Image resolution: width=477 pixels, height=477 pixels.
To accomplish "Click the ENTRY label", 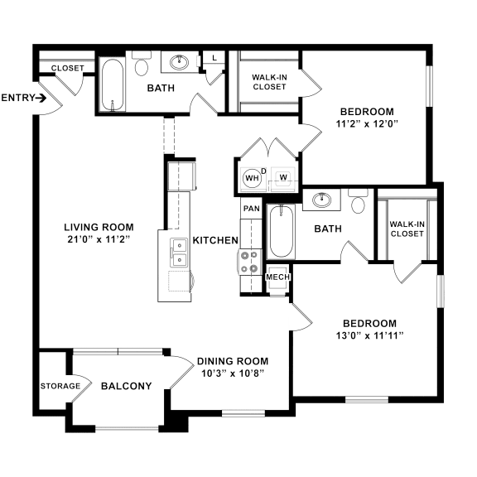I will point(18,98).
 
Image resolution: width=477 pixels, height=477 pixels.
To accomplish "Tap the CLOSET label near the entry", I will point(67,68).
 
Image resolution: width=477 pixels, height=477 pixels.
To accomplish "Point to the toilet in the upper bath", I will point(141,66).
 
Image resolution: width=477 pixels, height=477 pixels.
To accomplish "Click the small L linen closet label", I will point(214,58).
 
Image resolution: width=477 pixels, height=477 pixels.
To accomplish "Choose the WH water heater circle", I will point(251,176).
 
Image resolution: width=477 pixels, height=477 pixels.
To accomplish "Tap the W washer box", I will point(282,176).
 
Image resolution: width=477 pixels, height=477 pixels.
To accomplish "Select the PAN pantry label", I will point(251,209).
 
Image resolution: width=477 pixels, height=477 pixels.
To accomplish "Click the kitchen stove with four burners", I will point(250,261).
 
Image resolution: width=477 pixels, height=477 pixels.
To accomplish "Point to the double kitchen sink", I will point(178,251).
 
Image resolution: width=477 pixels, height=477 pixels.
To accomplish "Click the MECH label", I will point(277,277).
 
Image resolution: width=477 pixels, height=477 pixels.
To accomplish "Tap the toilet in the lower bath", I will point(359,201).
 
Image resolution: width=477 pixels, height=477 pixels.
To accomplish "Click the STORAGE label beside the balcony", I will point(60,386).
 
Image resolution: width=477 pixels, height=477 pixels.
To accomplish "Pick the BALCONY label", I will point(126,386).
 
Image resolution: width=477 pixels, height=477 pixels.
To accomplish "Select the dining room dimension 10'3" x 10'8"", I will point(232,373).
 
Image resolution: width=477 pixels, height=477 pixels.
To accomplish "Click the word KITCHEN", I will point(215,240).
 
